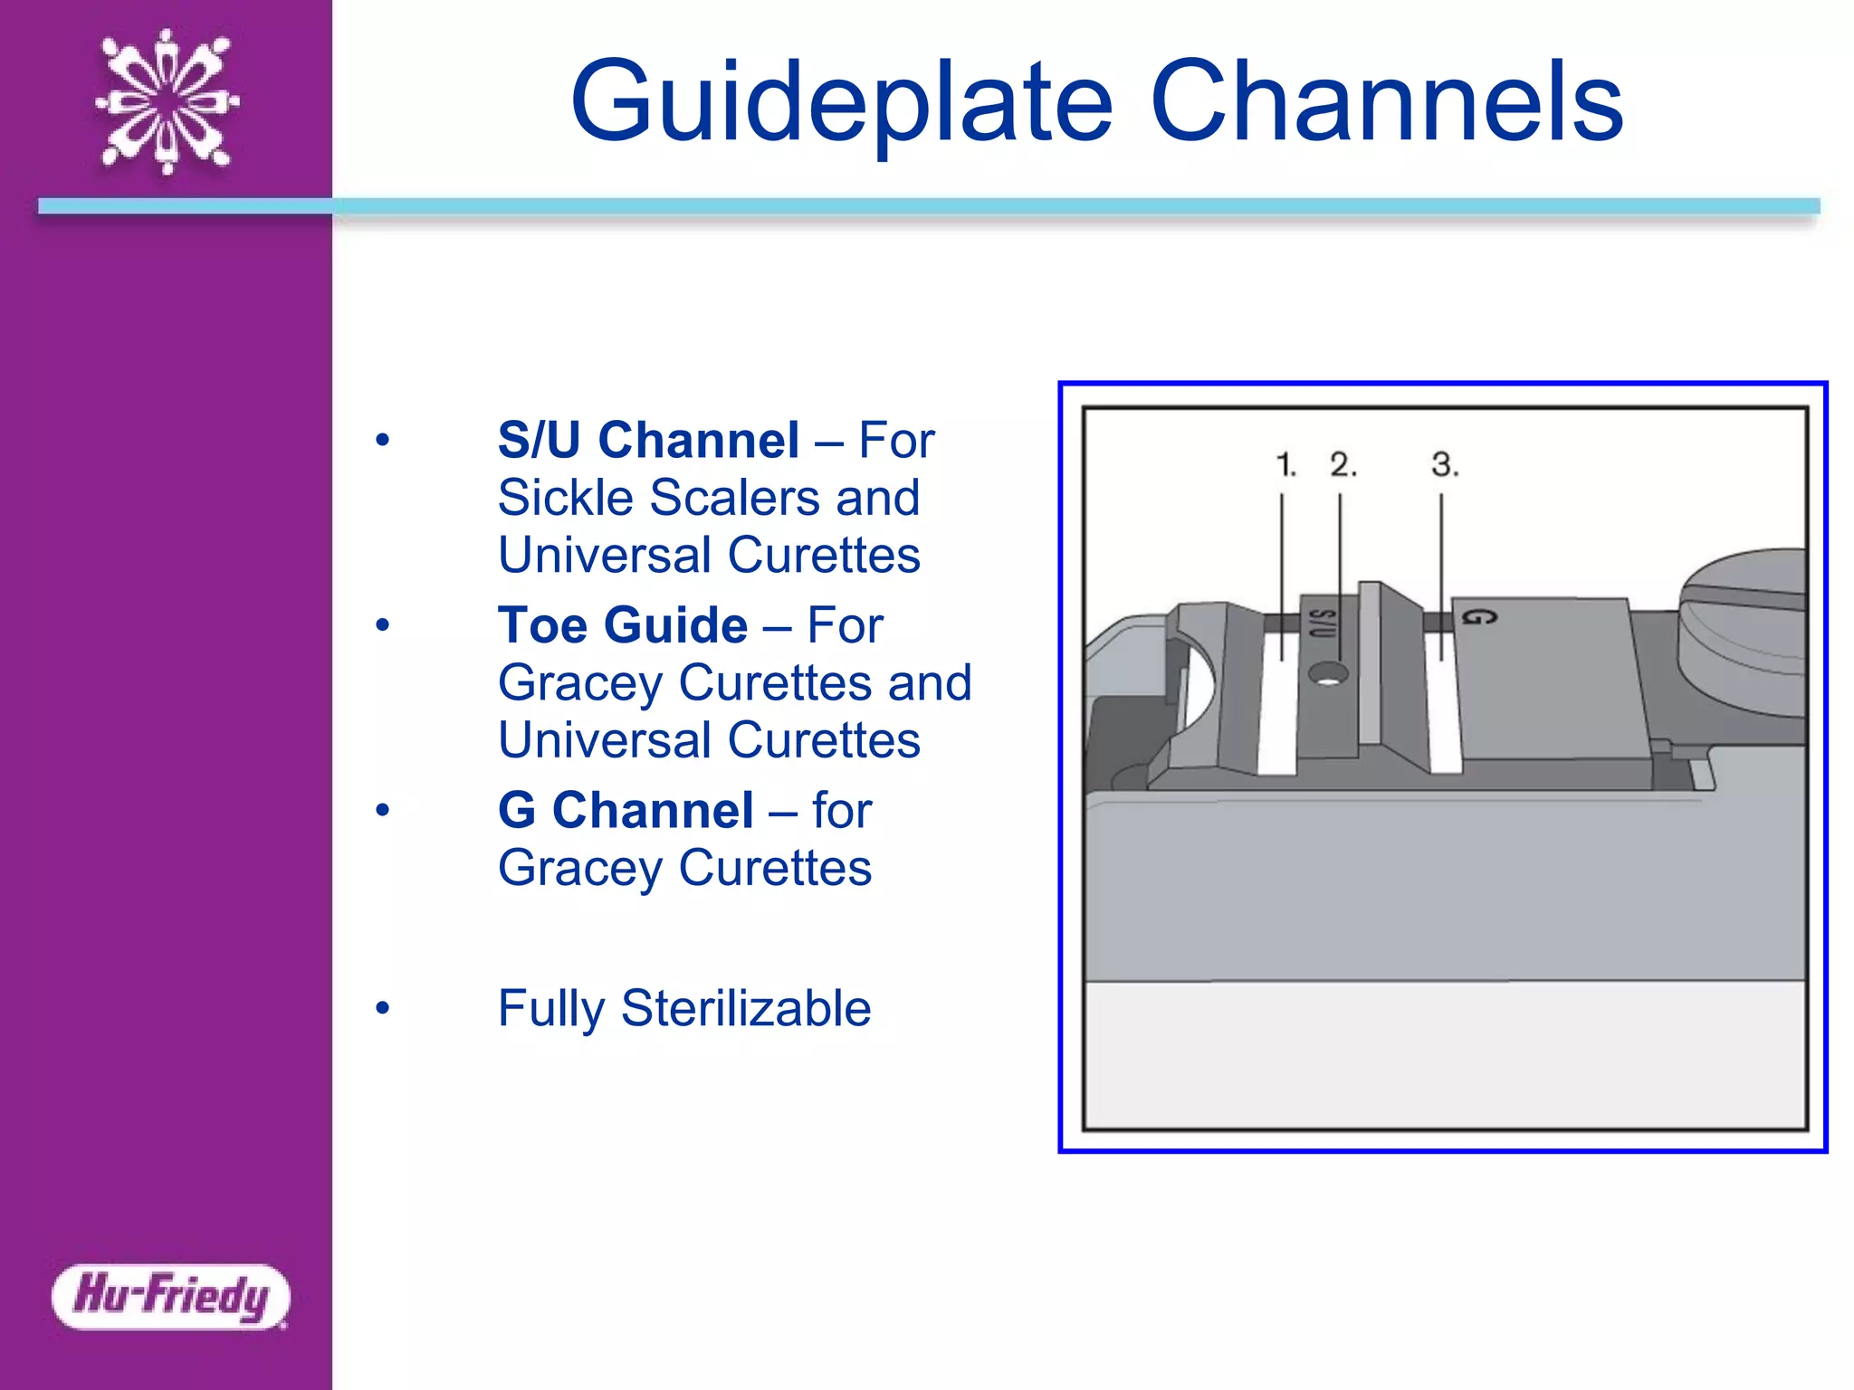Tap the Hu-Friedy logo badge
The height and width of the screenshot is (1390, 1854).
tap(171, 1296)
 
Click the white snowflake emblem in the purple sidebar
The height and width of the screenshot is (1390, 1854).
tap(167, 101)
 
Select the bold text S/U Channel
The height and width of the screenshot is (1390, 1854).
tap(648, 441)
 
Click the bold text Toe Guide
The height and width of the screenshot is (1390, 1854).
tap(623, 625)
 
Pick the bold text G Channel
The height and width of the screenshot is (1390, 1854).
tap(626, 810)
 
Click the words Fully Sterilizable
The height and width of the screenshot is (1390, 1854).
tap(684, 1008)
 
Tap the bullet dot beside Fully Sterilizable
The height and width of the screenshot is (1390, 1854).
tap(383, 1008)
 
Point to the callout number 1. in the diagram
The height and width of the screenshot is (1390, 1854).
tap(1285, 465)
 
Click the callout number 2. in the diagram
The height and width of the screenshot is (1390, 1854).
tap(1343, 465)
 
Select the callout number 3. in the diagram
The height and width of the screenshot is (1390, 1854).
tap(1444, 465)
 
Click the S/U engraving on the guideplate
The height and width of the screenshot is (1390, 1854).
tap(1323, 624)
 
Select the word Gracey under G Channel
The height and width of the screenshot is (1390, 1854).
tap(580, 868)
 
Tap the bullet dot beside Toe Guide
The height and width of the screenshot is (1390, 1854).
tap(383, 625)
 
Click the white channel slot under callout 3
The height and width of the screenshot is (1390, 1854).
tap(1444, 706)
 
